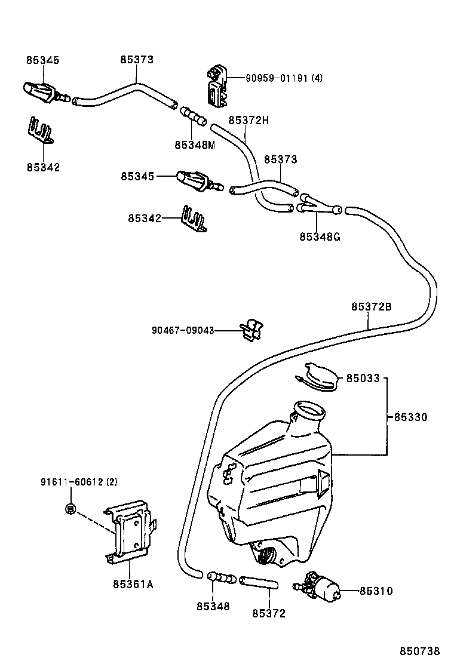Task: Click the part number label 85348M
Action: (194, 145)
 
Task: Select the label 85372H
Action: (248, 120)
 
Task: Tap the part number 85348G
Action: (320, 236)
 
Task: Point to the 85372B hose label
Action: (371, 306)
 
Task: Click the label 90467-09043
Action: (182, 330)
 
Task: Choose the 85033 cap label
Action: (363, 378)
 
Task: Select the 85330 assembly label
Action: (410, 417)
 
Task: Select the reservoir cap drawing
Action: (320, 376)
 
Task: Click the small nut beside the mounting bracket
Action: (70, 509)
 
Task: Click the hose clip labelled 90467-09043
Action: (251, 330)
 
